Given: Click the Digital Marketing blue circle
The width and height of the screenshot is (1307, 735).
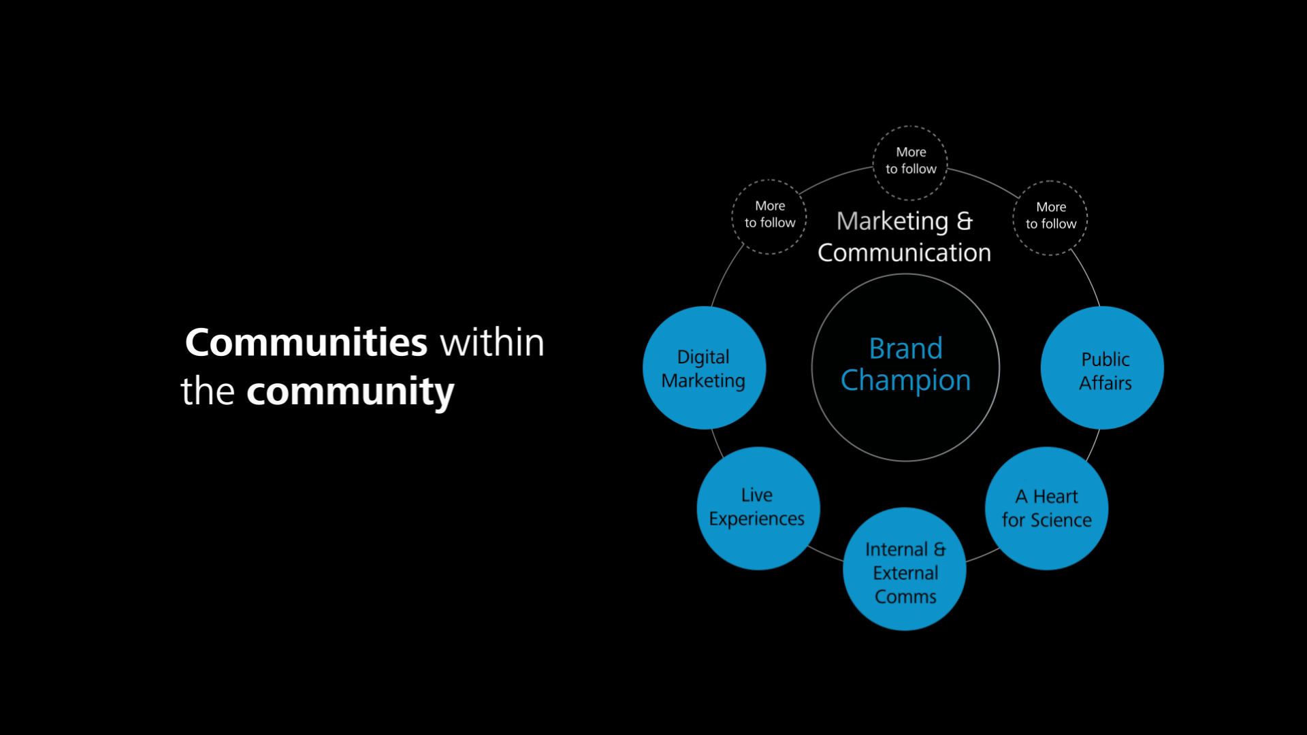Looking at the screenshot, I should [x=704, y=367].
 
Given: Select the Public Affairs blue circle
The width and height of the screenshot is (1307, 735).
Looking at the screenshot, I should [x=1102, y=367].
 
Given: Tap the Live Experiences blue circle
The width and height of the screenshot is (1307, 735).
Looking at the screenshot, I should [x=758, y=508].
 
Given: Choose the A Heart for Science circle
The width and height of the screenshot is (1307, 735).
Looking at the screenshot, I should [x=1046, y=508].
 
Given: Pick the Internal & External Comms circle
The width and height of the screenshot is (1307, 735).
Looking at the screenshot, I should [x=904, y=569].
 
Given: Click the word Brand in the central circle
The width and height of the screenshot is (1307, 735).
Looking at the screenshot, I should [x=905, y=349].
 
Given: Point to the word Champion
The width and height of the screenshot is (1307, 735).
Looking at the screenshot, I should [x=905, y=380].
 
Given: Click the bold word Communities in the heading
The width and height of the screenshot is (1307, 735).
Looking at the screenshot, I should [x=306, y=342].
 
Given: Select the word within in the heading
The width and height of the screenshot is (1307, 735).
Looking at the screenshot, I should [x=492, y=342].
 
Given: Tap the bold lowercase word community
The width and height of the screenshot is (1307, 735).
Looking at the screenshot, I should [x=350, y=392].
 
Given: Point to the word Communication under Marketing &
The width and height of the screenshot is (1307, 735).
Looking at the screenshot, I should [x=904, y=253].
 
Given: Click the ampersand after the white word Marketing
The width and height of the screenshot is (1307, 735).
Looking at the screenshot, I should [x=965, y=221].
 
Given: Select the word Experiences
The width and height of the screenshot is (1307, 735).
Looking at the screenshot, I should [x=756, y=519].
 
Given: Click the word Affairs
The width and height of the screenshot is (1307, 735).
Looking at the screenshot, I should [x=1105, y=383].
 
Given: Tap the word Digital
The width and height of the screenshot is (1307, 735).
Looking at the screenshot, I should [x=703, y=357].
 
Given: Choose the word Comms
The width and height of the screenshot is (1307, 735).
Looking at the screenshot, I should [x=905, y=597].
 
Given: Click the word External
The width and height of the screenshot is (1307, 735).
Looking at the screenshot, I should [x=905, y=573].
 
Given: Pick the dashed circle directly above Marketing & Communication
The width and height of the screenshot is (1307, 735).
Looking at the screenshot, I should [x=910, y=163].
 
